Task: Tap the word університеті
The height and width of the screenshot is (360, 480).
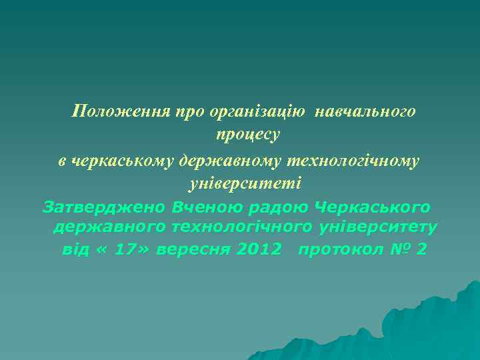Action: point(245,183)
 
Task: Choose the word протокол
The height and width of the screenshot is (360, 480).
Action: point(339,250)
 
